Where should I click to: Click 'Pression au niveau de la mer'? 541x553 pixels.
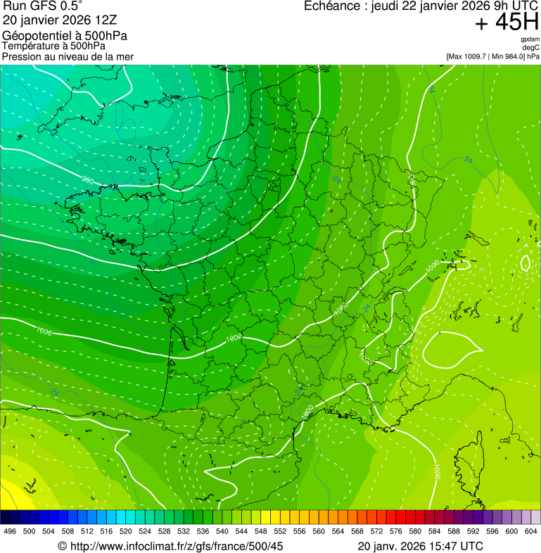tap(68, 56)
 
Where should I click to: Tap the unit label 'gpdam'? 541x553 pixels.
tap(530, 39)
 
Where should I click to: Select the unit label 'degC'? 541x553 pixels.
tap(531, 48)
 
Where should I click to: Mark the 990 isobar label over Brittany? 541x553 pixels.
tap(88, 181)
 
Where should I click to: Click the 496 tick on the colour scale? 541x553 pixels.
tap(10, 531)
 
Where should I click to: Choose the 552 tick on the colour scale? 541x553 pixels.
tap(280, 531)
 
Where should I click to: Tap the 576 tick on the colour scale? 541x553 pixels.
tap(396, 531)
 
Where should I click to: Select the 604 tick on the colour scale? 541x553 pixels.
tap(531, 531)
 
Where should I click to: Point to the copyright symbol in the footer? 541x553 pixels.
tap(62, 546)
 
